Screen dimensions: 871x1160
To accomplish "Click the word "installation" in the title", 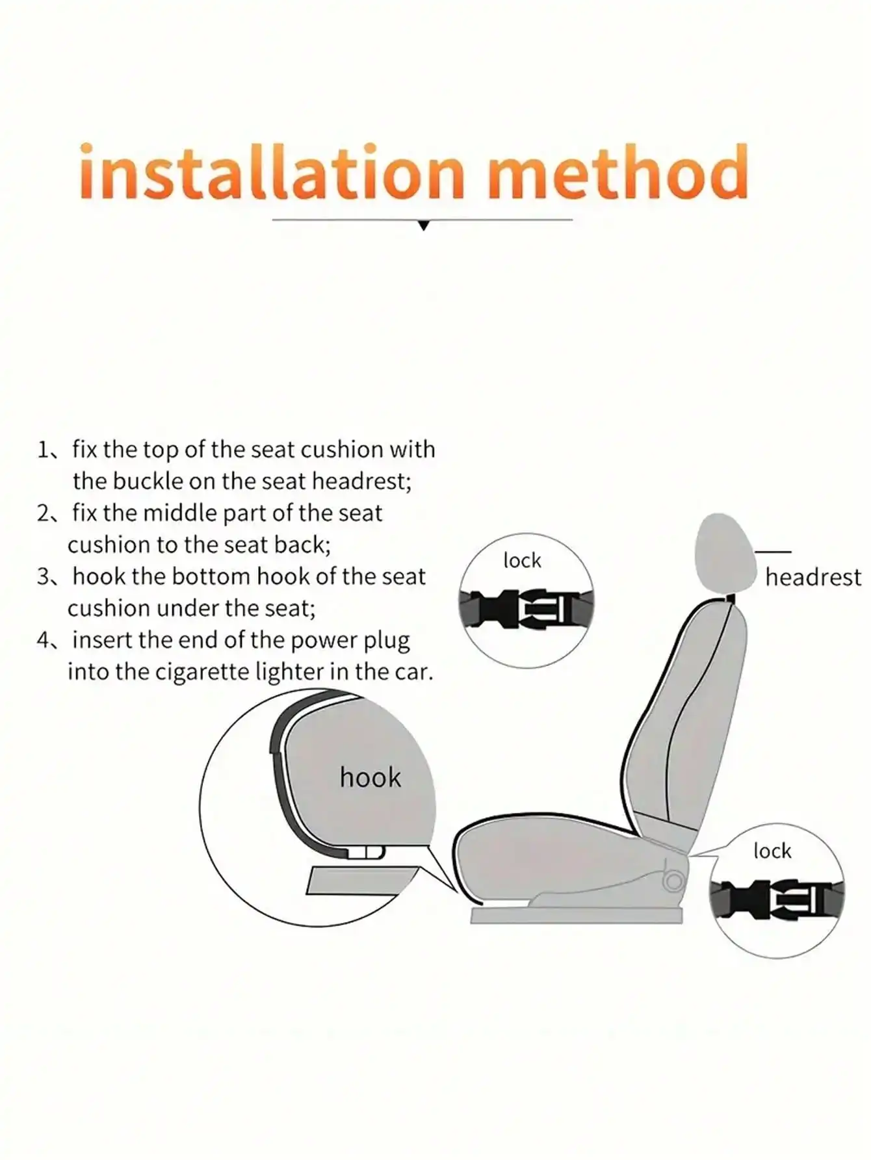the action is [272, 172].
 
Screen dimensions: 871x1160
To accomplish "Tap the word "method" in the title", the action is [619, 172].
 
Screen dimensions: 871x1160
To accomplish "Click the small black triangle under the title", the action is [424, 226].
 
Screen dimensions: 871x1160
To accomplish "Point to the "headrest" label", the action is [812, 577].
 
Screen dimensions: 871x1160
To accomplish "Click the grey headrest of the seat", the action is [725, 552].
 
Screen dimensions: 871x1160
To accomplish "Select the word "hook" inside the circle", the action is [370, 777].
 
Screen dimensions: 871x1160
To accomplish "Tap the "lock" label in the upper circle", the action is [522, 560].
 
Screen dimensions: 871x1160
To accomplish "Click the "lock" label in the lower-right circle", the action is [772, 851].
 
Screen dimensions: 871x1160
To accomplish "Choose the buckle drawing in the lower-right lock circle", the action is [777, 900].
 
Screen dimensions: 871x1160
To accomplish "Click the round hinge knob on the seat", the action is [674, 882].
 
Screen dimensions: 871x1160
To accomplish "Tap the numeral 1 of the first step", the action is [42, 450].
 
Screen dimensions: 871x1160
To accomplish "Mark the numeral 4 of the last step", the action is [43, 640].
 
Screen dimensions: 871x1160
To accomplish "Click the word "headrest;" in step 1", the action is [361, 482].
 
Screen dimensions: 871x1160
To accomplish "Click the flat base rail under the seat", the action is [577, 916].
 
